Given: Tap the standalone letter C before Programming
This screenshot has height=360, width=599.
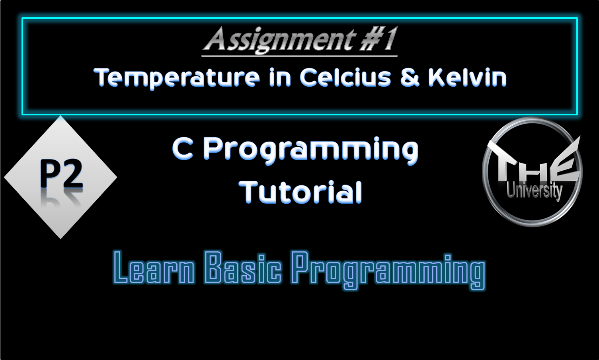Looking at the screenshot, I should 183,149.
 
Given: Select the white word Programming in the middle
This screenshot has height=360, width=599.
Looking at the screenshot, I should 311,150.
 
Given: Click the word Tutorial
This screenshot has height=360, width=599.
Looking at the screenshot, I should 301,192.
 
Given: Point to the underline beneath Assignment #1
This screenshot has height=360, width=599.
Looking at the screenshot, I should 299,56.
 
